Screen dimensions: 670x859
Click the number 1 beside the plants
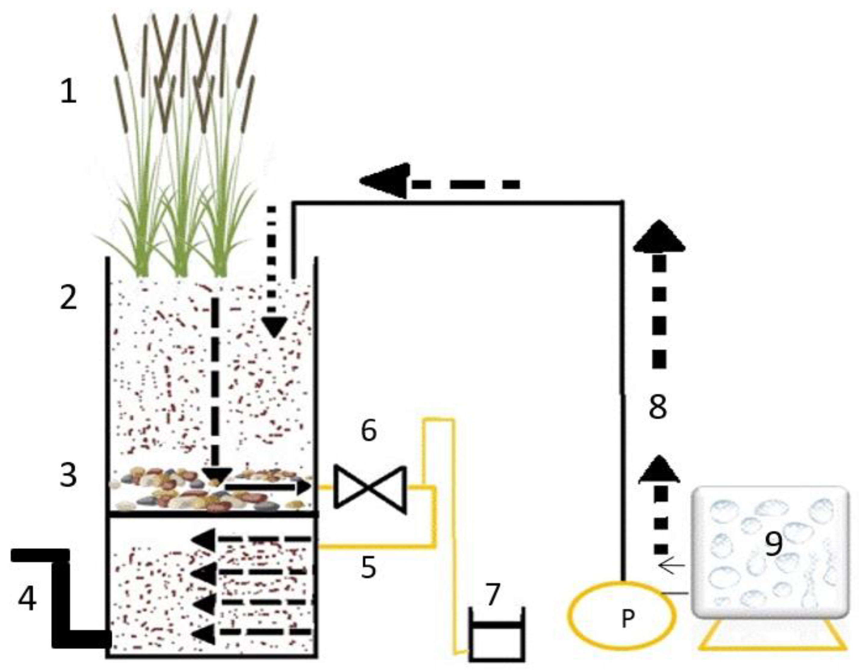(68, 90)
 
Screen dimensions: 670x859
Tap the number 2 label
(68, 297)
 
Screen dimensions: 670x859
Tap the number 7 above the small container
(493, 594)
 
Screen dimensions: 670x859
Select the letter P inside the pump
(628, 619)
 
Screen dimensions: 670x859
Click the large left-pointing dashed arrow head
(385, 181)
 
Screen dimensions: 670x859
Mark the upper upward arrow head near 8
(659, 236)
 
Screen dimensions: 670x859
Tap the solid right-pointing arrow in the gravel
(267, 487)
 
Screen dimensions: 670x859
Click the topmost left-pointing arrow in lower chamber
(204, 538)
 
